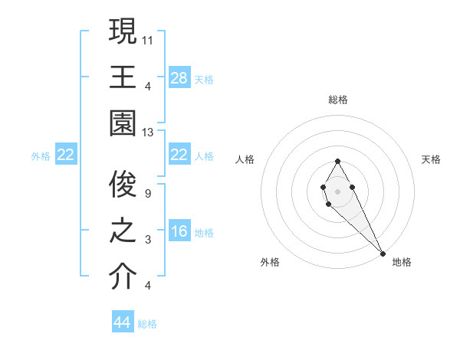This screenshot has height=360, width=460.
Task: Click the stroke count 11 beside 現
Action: [x=148, y=38]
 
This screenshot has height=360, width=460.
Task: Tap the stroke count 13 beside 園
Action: [x=148, y=133]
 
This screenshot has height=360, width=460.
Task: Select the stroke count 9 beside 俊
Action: [x=146, y=193]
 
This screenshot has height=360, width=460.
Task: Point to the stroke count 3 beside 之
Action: [x=146, y=240]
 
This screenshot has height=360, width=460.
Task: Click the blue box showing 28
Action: [x=179, y=77]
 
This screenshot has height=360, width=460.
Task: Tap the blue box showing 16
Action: [x=179, y=231]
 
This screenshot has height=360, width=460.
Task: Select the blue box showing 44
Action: [x=123, y=322]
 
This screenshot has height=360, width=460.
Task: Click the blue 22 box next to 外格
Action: [x=66, y=155]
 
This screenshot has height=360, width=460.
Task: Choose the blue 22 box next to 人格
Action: [x=179, y=155]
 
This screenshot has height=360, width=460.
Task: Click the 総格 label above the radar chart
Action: [x=337, y=100]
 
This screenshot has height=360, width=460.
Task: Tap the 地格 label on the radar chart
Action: [x=402, y=262]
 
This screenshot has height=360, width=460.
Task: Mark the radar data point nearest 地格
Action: [x=383, y=254]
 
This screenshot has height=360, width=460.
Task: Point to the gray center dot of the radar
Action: [x=337, y=190]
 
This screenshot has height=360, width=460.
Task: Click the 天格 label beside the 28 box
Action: [x=204, y=79]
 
